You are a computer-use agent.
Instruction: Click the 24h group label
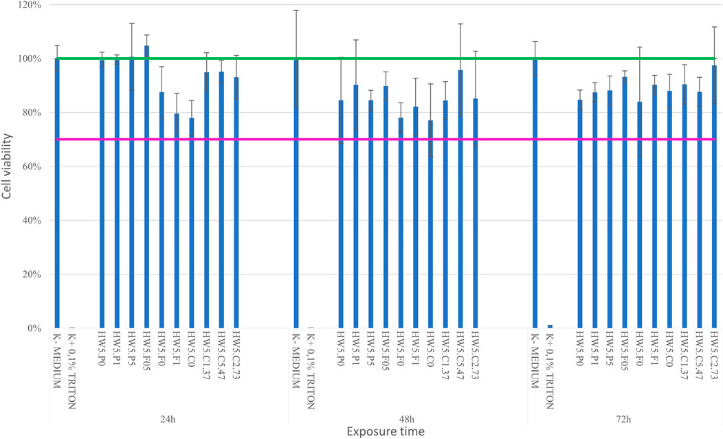tap(168, 418)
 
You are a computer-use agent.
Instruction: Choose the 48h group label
tap(408, 418)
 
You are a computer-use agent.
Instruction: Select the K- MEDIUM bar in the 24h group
tap(57, 200)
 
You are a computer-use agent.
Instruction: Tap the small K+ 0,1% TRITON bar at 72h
tap(549, 326)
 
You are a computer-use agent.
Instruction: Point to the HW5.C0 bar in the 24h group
tap(192, 227)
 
